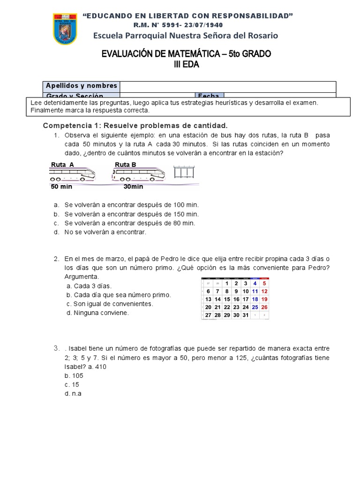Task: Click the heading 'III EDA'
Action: (186, 65)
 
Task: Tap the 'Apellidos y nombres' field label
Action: (81, 86)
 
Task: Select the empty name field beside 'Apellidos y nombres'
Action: (228, 86)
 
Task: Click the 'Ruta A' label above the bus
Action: (62, 165)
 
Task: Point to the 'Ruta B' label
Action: (126, 165)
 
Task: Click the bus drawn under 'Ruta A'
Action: (72, 175)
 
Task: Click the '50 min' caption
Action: (61, 187)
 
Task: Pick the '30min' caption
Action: (133, 187)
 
